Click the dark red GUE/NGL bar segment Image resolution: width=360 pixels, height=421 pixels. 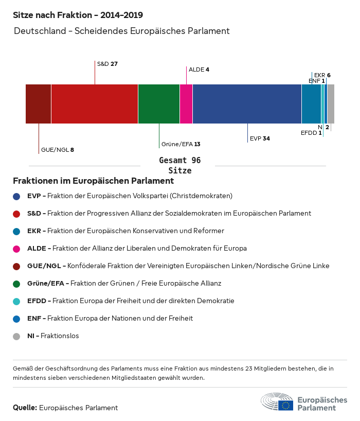tap(38, 104)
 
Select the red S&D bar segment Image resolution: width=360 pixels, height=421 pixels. tap(95, 104)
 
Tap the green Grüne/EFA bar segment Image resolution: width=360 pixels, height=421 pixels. tap(159, 104)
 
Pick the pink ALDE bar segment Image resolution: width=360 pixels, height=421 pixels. tap(186, 104)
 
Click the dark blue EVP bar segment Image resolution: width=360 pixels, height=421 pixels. tap(247, 104)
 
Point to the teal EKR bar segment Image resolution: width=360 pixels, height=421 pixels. tap(311, 104)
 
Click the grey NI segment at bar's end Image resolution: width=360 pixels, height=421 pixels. tap(331, 104)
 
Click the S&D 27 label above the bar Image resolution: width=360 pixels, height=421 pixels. tap(107, 64)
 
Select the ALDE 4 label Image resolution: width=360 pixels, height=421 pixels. tap(199, 69)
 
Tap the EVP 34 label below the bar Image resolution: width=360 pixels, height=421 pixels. tap(260, 138)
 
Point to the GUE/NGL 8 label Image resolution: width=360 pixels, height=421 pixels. tap(58, 150)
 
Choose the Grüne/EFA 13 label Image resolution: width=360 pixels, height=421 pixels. tap(181, 144)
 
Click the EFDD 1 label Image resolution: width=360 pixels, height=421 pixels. tap(311, 133)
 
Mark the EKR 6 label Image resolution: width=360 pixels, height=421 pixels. tap(322, 75)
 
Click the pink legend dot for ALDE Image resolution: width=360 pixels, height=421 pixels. tap(16, 248)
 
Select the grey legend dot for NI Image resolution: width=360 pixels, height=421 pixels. tap(16, 336)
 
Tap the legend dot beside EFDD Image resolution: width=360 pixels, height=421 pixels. tap(16, 301)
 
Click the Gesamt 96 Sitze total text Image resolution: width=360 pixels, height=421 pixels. tap(179, 165)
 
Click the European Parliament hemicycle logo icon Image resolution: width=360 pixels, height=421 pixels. tap(277, 401)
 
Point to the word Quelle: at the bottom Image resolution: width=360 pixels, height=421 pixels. tap(25, 408)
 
